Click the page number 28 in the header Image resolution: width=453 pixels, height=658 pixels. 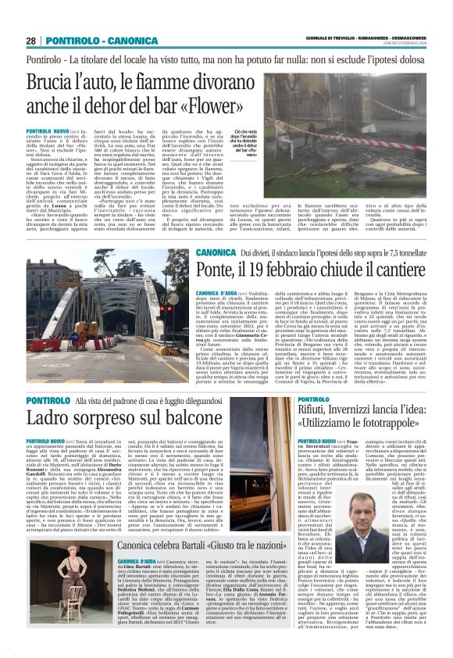point(31,41)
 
